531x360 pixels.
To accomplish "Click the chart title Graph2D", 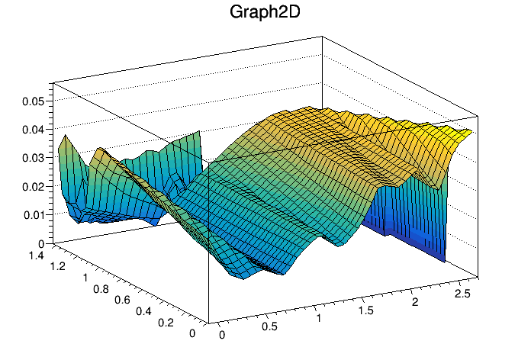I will pos(265,13).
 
